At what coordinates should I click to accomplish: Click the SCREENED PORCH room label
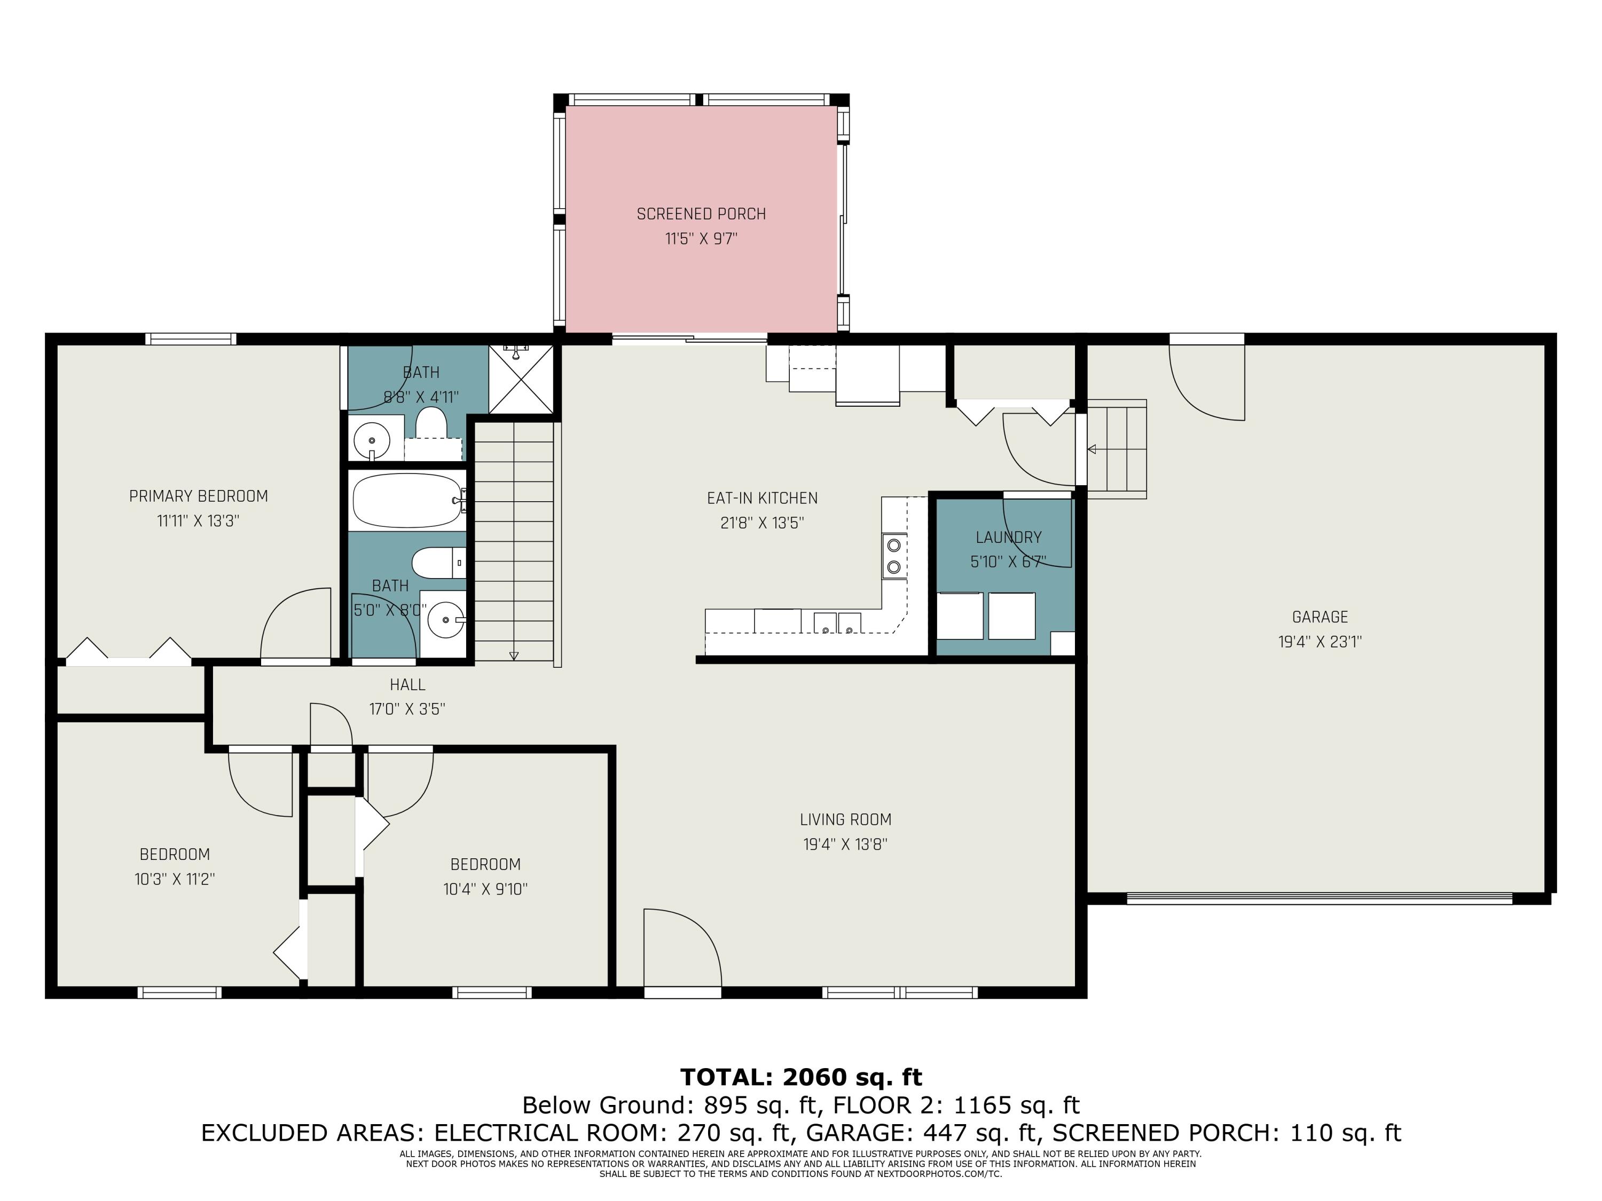(700, 214)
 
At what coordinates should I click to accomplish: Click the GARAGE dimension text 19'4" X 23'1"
(1320, 642)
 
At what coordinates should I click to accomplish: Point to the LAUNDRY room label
(1008, 537)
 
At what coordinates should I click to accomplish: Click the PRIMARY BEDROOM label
(199, 496)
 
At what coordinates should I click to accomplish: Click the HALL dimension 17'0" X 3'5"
(407, 709)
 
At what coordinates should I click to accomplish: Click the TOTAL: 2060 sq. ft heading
(801, 1077)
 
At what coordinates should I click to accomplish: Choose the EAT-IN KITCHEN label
(762, 498)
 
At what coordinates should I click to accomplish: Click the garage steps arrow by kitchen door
(1092, 449)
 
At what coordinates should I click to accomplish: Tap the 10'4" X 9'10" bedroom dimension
(485, 889)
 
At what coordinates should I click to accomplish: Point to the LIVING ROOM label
(845, 819)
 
